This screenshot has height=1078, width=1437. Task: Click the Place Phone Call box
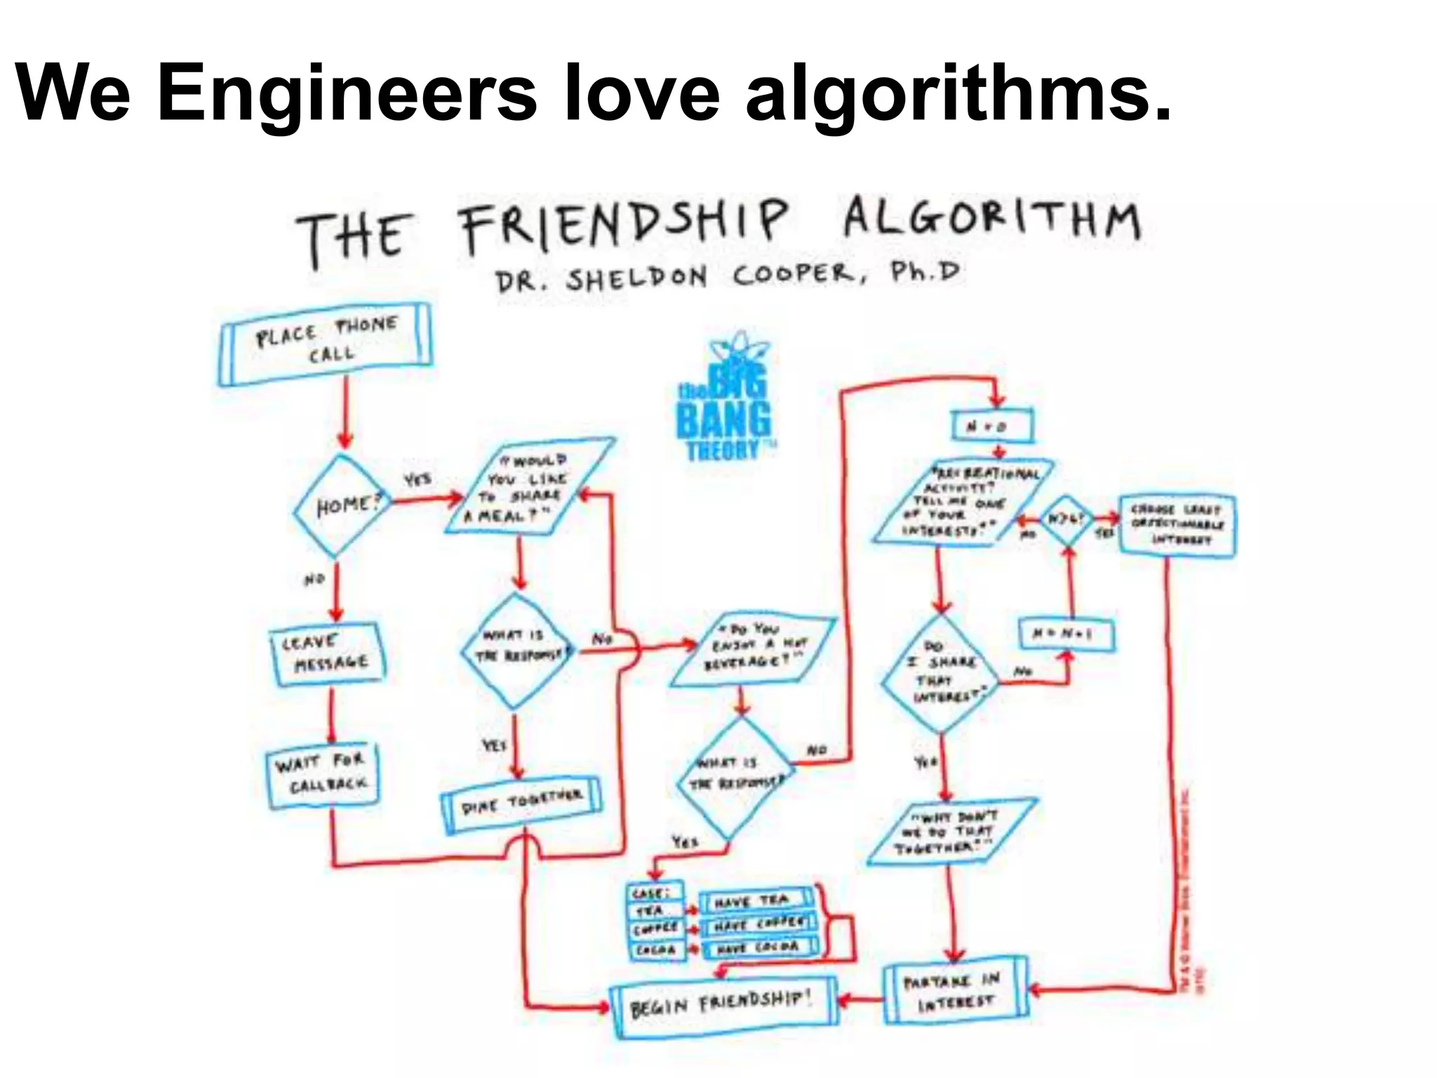pos(326,344)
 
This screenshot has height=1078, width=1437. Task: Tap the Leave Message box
pos(328,653)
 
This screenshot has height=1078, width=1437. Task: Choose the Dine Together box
pos(521,803)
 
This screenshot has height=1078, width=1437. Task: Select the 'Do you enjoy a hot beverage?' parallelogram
pos(754,650)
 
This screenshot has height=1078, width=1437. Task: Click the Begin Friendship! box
pos(723,1006)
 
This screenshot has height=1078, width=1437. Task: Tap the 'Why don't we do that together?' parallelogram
pos(951,832)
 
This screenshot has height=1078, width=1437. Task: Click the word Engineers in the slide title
pos(347,94)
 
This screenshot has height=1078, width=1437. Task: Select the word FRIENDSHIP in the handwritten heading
pos(624,225)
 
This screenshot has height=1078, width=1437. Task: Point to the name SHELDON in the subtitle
pos(636,279)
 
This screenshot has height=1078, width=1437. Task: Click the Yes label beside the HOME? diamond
pos(417,480)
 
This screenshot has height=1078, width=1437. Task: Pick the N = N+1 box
pos(1066,634)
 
